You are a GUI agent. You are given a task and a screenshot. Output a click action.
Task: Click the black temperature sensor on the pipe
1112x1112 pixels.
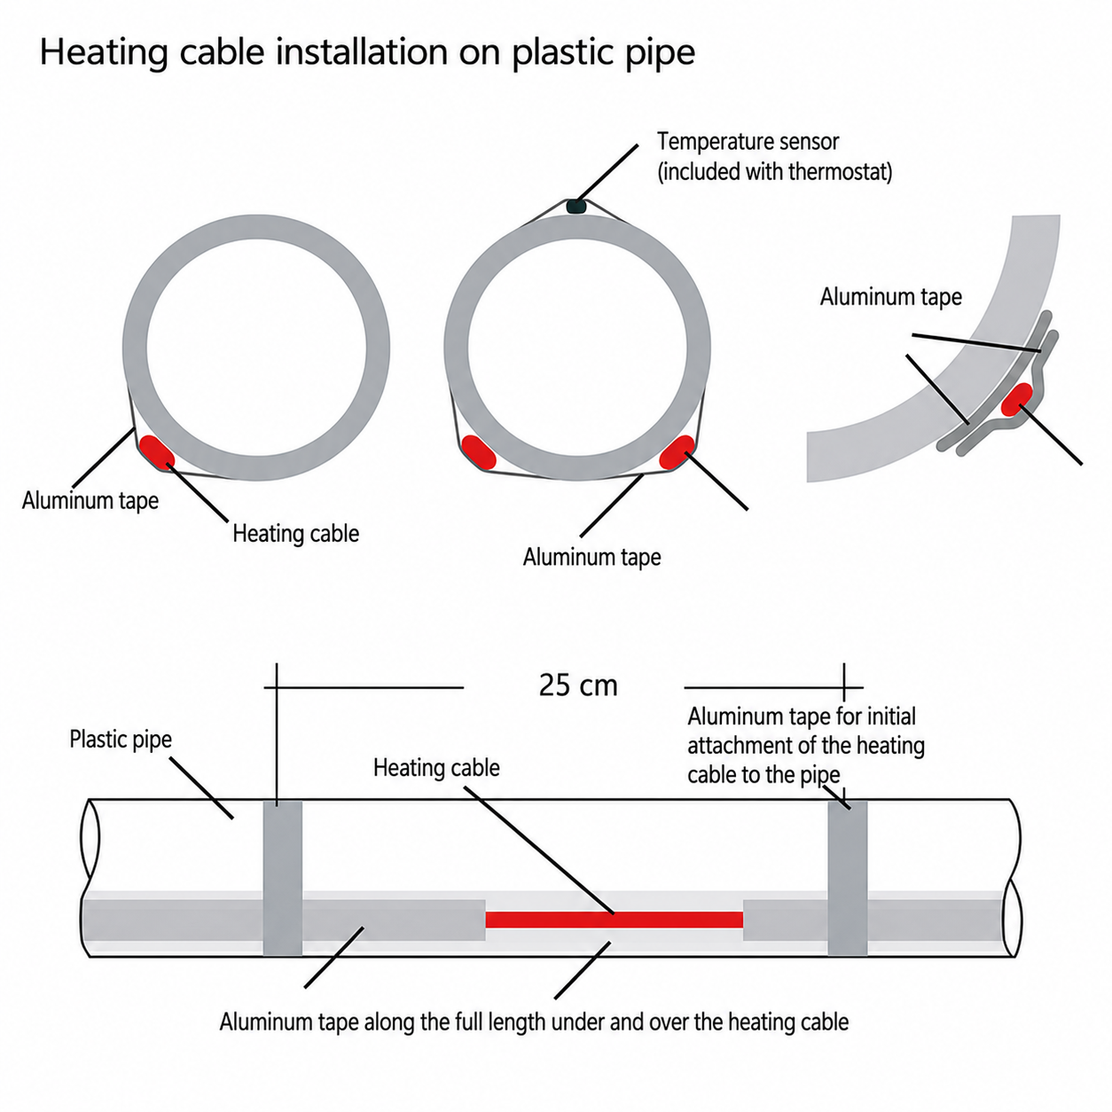click(576, 207)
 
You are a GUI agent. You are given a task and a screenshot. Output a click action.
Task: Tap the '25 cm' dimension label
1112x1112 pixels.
click(578, 686)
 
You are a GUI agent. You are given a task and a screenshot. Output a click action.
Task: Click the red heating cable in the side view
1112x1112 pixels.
click(614, 920)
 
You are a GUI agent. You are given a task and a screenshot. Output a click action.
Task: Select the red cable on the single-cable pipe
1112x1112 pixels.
click(157, 452)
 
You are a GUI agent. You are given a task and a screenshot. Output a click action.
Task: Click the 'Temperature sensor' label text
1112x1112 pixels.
click(748, 142)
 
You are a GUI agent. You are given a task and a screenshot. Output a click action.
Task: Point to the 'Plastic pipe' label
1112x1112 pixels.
click(121, 740)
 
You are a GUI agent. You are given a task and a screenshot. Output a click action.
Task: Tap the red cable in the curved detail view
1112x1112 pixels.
click(1017, 399)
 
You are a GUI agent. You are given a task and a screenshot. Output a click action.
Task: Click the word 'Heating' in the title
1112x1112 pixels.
click(104, 53)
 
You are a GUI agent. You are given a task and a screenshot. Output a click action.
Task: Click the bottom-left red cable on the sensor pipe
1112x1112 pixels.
click(479, 452)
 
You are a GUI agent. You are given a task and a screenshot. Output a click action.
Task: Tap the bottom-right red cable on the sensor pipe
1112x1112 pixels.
click(677, 452)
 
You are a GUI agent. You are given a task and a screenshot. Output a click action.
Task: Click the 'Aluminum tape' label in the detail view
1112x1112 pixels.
click(891, 297)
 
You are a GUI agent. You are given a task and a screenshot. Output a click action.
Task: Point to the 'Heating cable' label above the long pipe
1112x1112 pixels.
click(436, 768)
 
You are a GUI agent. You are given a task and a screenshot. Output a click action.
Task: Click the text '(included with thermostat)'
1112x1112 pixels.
click(775, 172)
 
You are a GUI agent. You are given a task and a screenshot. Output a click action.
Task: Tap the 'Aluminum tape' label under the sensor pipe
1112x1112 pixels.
click(592, 558)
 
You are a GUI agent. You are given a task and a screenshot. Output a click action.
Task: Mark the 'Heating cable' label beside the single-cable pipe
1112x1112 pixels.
click(295, 534)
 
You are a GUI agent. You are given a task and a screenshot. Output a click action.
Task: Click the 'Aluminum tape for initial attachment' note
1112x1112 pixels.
click(806, 746)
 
